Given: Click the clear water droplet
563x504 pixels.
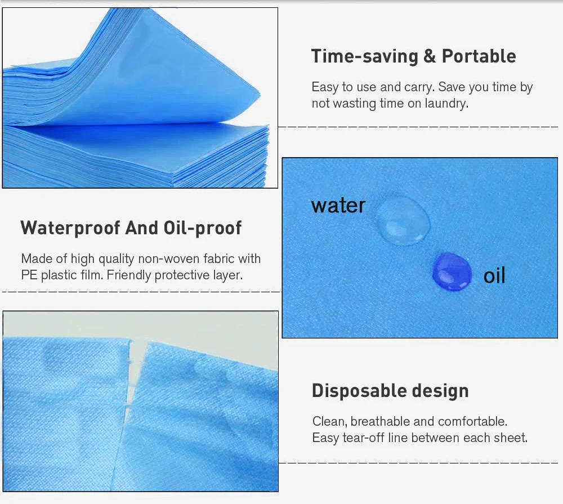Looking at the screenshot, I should [403, 220].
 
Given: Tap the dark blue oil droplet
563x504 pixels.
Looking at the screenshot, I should [452, 272].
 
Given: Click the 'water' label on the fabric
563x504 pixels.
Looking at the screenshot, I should [338, 206].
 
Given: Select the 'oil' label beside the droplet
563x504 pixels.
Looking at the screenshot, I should [494, 276].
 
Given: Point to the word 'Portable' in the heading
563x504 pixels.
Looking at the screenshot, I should [479, 56].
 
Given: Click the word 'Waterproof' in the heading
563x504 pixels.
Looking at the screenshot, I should [70, 228].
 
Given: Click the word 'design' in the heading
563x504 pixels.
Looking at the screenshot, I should [441, 391].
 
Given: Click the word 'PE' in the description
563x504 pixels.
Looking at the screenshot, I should [29, 275].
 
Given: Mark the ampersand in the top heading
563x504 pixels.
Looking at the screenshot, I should [429, 56].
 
